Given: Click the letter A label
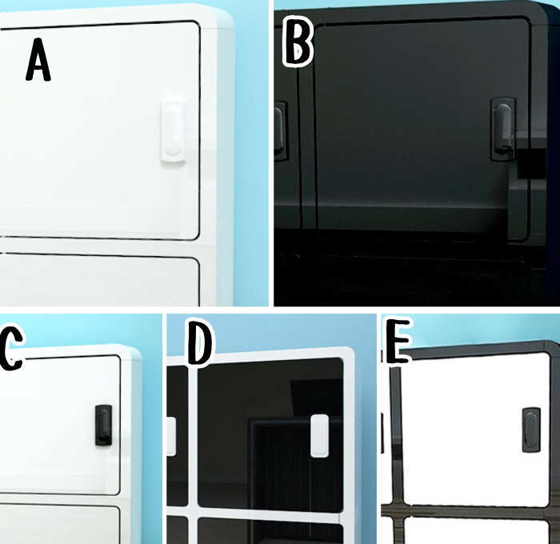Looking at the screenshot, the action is point(38,60).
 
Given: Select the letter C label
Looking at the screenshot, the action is point(10,347).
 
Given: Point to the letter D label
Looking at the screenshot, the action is point(200,343).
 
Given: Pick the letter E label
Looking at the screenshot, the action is point(397,341).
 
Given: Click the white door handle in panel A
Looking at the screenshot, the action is point(173,131).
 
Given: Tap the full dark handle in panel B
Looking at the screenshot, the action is point(503,130).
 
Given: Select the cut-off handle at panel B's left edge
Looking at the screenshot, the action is point(281,130).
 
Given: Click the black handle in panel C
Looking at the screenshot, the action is point(103,425).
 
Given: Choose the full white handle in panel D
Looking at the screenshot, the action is point(320,435).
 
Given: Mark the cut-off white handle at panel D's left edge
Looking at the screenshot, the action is point(171,436).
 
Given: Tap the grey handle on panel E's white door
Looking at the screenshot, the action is point(531,430).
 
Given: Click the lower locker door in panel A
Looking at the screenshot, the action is point(99,280).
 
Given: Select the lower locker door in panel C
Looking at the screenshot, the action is point(60,524).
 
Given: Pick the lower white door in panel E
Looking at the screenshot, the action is point(477,530).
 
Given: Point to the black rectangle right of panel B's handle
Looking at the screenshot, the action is point(531,163).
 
